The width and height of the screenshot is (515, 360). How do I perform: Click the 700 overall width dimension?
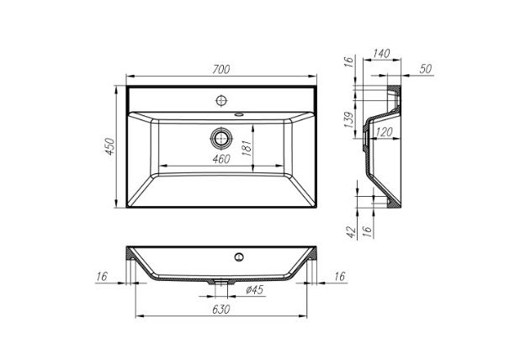click(220, 70)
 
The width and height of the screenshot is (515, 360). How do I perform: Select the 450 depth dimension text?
click(108, 148)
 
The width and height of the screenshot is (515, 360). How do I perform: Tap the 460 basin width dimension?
click(220, 159)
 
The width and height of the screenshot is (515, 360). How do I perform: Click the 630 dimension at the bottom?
click(220, 309)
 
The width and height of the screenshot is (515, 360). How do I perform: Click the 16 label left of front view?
click(102, 275)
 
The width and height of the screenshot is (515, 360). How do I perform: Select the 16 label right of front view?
click(340, 275)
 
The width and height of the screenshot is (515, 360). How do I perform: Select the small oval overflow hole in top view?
click(241, 114)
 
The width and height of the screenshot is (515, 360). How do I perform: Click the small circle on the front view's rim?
click(240, 255)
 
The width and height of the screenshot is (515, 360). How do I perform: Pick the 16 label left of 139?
click(350, 62)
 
